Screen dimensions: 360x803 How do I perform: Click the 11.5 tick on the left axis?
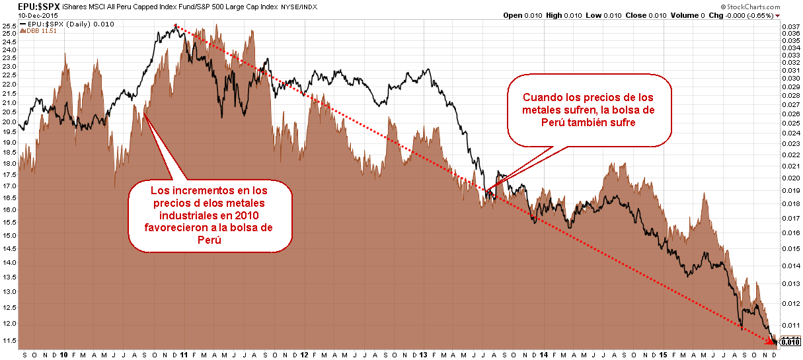click(x=9, y=340)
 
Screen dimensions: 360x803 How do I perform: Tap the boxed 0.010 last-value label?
click(x=790, y=342)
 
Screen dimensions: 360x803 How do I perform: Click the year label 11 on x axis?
click(x=184, y=354)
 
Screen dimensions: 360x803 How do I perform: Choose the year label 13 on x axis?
click(x=423, y=354)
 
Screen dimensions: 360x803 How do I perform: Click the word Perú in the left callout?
click(x=210, y=240)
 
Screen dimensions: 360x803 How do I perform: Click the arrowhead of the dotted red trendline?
click(x=775, y=340)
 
